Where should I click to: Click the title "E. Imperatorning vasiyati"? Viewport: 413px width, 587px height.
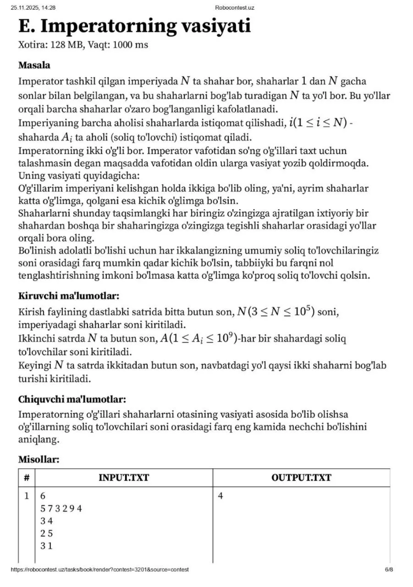tap(134, 26)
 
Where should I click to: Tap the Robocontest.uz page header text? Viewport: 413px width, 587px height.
tap(234, 7)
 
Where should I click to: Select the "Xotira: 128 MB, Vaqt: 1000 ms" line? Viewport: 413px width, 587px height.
tap(83, 45)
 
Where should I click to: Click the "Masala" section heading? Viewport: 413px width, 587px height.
tap(34, 65)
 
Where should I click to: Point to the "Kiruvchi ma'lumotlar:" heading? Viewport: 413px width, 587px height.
tap(69, 296)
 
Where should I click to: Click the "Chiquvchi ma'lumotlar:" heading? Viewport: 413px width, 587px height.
tap(72, 399)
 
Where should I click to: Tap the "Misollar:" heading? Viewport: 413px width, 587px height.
tap(39, 459)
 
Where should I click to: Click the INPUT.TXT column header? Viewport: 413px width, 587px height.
tap(124, 477)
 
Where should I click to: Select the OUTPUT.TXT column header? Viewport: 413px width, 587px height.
tap(301, 477)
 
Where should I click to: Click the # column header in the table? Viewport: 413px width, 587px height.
tap(27, 477)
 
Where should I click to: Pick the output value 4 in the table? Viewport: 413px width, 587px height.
tap(220, 496)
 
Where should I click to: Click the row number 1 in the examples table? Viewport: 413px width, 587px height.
tap(27, 496)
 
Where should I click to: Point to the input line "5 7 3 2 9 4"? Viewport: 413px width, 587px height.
tap(61, 508)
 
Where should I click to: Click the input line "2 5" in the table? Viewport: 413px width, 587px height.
tap(46, 533)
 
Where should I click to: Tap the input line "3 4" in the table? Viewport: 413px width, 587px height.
tap(46, 521)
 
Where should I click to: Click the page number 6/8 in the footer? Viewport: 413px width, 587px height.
tap(389, 570)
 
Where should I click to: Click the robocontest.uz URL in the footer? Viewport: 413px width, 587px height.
tap(99, 570)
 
